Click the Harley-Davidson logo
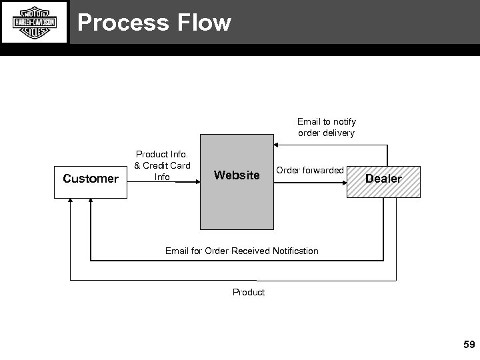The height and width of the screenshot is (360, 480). coord(35,23)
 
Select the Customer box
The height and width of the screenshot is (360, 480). coord(90,179)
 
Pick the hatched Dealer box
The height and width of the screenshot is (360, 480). coord(383,181)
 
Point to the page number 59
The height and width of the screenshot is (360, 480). coord(469,345)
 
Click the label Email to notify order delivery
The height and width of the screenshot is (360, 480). coord(326,127)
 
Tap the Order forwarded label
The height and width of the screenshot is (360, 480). coord(310,171)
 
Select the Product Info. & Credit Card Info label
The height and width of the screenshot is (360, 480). coord(163,165)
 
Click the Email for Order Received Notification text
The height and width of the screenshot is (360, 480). coord(241,251)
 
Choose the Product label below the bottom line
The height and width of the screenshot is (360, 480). coord(248,292)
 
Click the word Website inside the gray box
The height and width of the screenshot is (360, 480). coord(237,175)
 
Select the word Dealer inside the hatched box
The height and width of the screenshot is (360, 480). coord(383,179)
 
